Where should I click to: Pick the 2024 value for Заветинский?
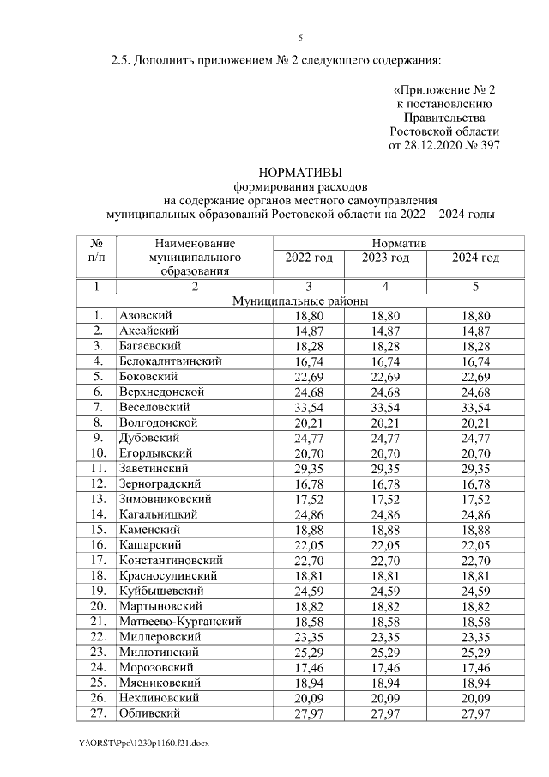[x=475, y=469]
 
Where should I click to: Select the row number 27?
[x=100, y=713]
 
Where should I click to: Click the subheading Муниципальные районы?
[x=301, y=301]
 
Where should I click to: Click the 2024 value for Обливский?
[x=475, y=713]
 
